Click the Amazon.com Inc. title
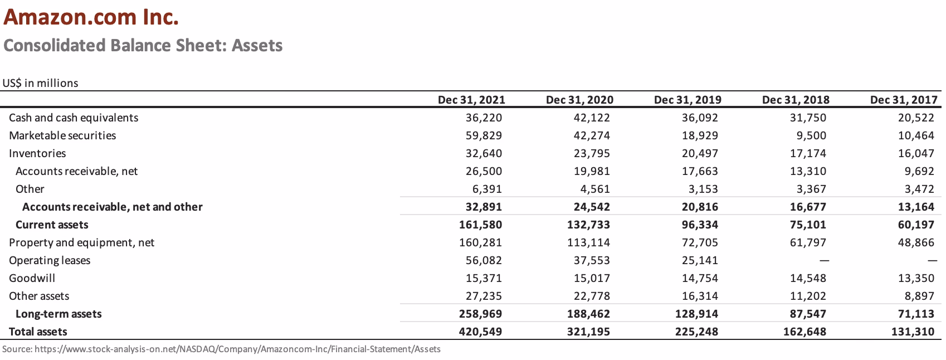click(91, 18)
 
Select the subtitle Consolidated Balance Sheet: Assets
click(143, 45)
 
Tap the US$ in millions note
click(40, 83)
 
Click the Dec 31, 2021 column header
click(471, 100)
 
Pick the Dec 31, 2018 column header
click(795, 100)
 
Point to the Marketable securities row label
click(62, 135)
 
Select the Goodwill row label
click(32, 278)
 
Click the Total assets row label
click(38, 332)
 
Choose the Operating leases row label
click(50, 260)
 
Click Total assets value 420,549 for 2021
click(480, 332)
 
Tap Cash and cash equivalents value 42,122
click(592, 118)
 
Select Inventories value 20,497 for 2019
click(700, 153)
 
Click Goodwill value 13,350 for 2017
click(916, 278)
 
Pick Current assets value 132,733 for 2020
click(588, 225)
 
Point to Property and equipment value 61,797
click(808, 242)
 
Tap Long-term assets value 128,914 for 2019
click(696, 314)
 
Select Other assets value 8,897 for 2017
click(919, 296)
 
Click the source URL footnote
click(221, 349)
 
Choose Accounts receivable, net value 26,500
click(484, 171)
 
